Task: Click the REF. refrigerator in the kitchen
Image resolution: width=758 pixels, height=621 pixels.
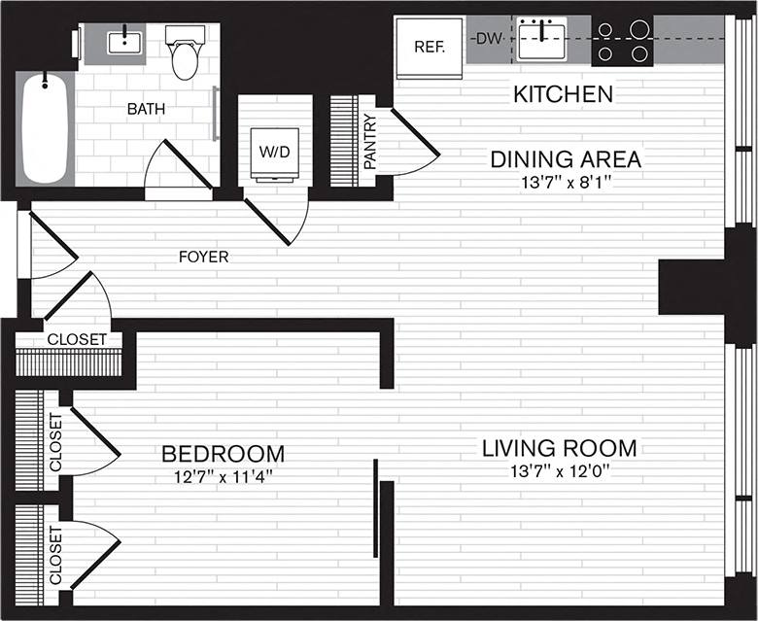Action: coord(429,47)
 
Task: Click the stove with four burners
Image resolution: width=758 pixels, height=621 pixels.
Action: coord(624,42)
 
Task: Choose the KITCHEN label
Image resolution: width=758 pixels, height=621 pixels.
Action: coord(563,95)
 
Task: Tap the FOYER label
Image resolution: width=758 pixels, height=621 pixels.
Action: coord(203,258)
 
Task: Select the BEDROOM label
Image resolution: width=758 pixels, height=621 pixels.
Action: coord(223,454)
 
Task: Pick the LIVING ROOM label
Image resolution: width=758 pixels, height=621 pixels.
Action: coord(559,448)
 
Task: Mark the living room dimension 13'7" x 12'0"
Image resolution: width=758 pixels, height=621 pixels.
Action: coord(559,472)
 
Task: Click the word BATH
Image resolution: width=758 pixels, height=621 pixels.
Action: coord(146,109)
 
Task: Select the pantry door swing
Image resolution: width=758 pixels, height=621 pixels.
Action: coord(413,146)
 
